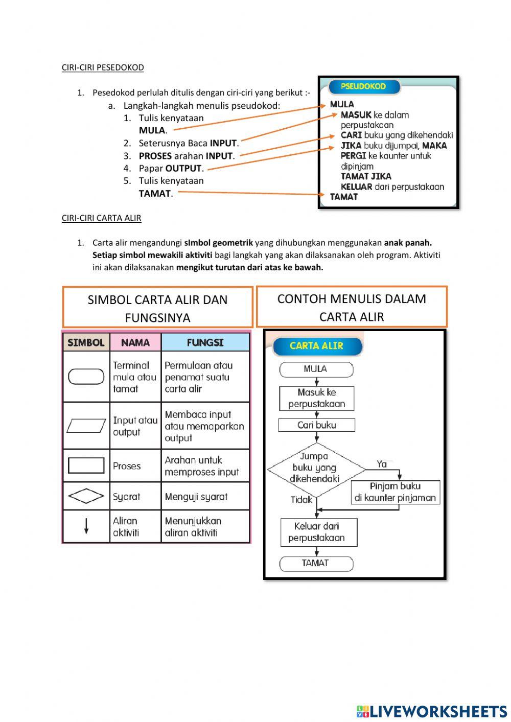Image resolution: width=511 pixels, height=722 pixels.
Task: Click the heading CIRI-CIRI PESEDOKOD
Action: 103,67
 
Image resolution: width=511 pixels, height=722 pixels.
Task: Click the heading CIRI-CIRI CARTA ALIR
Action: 101,218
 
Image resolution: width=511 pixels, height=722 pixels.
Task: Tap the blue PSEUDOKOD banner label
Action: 363,86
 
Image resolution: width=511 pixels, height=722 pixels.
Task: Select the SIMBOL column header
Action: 86,342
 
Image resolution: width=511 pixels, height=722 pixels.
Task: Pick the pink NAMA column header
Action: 135,342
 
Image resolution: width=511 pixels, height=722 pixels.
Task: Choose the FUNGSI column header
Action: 205,342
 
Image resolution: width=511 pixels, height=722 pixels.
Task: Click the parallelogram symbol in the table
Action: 86,426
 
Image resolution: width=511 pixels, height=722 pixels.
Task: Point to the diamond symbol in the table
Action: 86,496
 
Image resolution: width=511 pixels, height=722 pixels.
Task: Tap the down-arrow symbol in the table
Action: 86,526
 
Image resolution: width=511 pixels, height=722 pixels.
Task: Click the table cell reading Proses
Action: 127,466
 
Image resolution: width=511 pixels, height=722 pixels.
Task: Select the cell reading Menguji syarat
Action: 196,497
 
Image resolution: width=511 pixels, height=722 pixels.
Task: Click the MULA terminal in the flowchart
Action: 316,369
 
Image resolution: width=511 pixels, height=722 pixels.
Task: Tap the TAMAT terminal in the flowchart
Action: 316,563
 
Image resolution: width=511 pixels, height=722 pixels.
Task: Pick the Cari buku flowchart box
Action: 317,425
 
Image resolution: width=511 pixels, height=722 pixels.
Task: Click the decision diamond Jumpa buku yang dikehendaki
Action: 315,468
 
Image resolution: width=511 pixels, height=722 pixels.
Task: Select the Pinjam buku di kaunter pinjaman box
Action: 395,492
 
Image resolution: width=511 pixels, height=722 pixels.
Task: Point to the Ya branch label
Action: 382,464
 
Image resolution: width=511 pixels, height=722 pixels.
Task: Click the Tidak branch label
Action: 301,500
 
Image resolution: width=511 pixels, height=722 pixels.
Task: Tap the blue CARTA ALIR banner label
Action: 316,346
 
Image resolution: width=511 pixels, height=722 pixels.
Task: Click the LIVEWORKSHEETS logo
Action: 432,711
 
